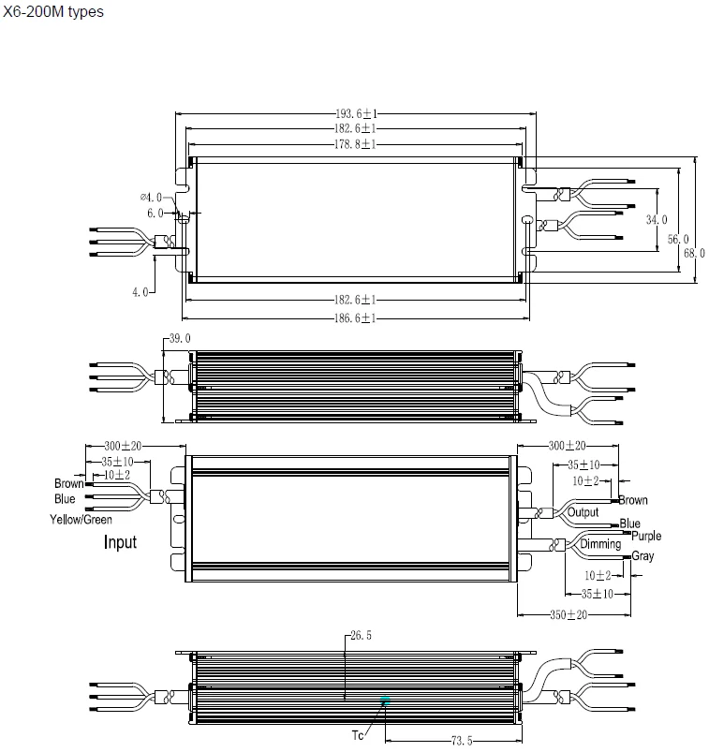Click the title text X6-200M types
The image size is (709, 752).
pos(53,12)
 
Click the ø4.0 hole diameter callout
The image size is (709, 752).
pos(151,198)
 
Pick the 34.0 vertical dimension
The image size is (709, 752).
pos(657,220)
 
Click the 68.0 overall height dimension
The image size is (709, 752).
pos(694,253)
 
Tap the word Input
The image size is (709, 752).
pos(120,541)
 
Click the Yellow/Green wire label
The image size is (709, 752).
pos(81,520)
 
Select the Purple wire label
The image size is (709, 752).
pos(646,536)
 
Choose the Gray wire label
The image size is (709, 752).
pos(643,556)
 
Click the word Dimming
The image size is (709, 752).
pos(600,544)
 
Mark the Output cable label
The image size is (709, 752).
pos(583,512)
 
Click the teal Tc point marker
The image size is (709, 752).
pos(384,699)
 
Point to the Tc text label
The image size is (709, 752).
pos(357,735)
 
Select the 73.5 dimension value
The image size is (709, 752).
pos(462,741)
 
